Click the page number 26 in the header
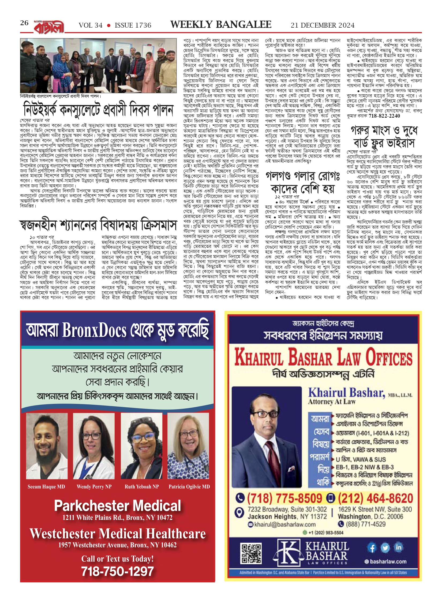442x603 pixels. click(x=24, y=23)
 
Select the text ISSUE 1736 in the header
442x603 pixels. click(x=133, y=25)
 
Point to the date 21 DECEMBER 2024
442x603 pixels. click(x=323, y=25)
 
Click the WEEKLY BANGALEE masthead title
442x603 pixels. click(x=221, y=25)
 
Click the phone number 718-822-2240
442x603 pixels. click(x=384, y=116)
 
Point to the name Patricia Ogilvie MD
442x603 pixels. click(x=189, y=487)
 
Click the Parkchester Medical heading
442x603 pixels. click(x=118, y=505)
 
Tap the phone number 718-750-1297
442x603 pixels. click(x=118, y=571)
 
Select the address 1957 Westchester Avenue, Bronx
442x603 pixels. click(x=118, y=545)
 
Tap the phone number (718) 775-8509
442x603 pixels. click(x=284, y=498)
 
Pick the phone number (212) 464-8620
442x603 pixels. click(x=375, y=498)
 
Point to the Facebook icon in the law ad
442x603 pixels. click(x=372, y=548)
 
